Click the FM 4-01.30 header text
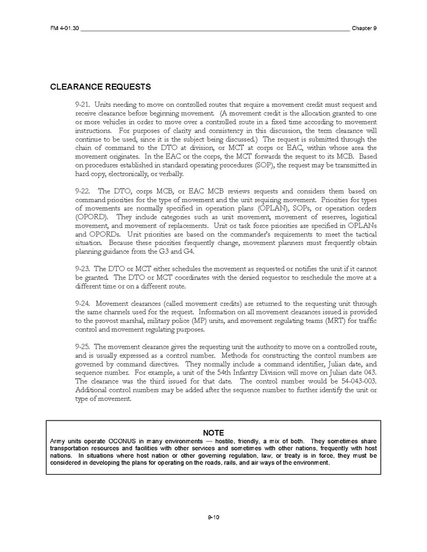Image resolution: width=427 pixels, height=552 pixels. [63, 28]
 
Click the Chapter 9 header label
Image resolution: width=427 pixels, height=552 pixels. [364, 28]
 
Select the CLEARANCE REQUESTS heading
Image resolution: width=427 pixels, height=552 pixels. [100, 87]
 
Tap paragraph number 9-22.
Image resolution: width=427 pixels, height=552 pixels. [83, 191]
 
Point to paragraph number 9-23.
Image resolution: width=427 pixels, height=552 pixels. [83, 268]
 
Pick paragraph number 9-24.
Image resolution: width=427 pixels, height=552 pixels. [83, 303]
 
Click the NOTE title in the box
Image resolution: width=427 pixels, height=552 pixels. [213, 433]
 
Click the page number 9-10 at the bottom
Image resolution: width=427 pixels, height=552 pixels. [213, 517]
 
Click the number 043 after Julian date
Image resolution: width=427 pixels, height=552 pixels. [369, 373]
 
